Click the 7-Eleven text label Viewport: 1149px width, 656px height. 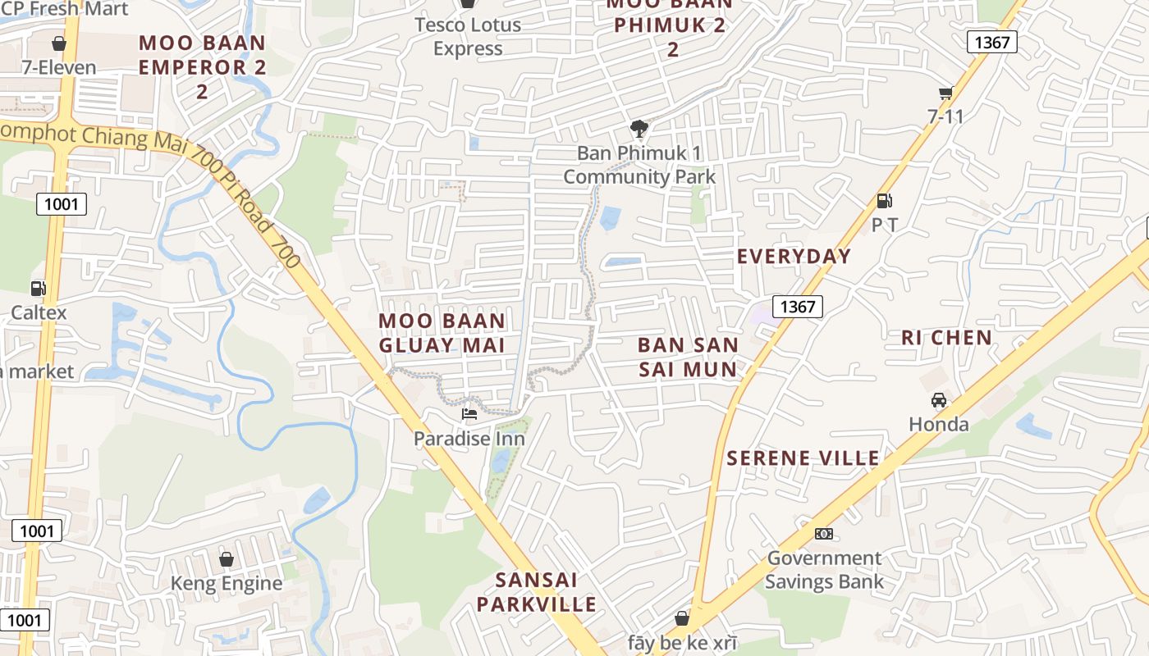click(58, 67)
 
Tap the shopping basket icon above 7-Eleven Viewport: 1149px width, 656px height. click(59, 43)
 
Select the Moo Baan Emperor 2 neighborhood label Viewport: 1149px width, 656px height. click(202, 66)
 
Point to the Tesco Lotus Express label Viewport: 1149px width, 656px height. click(468, 37)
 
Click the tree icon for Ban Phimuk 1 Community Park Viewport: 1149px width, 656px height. click(639, 128)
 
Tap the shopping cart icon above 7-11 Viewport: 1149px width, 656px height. click(945, 93)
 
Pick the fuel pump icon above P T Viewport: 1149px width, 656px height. click(884, 200)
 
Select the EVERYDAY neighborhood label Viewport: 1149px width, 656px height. click(794, 257)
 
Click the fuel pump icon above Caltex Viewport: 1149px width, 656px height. click(38, 289)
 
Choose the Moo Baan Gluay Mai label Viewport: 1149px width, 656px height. click(442, 333)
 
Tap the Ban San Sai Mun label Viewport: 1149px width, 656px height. click(688, 357)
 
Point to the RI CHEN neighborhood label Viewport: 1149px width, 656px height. click(946, 338)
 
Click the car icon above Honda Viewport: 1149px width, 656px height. click(938, 400)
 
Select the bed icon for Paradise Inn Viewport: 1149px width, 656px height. click(469, 414)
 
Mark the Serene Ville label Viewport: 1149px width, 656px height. click(803, 458)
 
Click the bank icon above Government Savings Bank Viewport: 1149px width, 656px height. click(823, 534)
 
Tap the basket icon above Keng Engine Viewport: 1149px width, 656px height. click(226, 559)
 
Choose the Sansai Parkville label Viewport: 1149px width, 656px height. click(537, 592)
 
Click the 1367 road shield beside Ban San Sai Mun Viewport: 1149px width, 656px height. click(797, 307)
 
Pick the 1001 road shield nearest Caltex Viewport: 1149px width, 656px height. click(61, 204)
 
